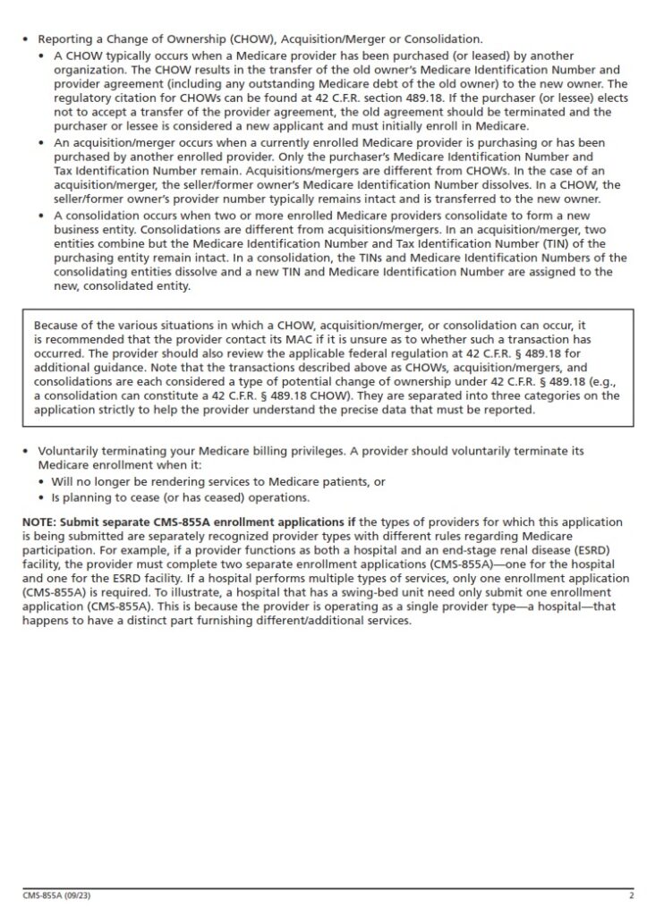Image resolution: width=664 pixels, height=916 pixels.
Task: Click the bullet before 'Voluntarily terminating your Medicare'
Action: coord(26,453)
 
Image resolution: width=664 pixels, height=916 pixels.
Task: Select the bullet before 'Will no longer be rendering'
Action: coord(42,481)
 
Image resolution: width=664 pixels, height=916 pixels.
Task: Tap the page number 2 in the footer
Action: coord(631,895)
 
